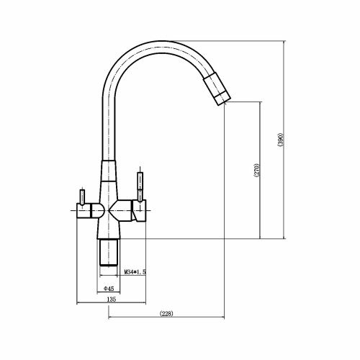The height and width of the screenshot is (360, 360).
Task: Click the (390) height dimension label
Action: click(x=281, y=140)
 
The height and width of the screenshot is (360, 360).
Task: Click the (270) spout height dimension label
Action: click(x=256, y=170)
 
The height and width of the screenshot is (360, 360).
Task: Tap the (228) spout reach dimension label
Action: click(x=166, y=313)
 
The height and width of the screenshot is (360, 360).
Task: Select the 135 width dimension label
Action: click(x=111, y=300)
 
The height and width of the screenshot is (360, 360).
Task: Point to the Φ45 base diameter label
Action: click(x=109, y=289)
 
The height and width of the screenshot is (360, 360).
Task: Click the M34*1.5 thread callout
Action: click(x=135, y=272)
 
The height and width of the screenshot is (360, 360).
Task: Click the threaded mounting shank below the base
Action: click(x=109, y=252)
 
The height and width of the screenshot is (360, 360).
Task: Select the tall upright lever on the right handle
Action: click(x=140, y=186)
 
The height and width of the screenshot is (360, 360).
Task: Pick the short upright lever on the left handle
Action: click(x=82, y=197)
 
